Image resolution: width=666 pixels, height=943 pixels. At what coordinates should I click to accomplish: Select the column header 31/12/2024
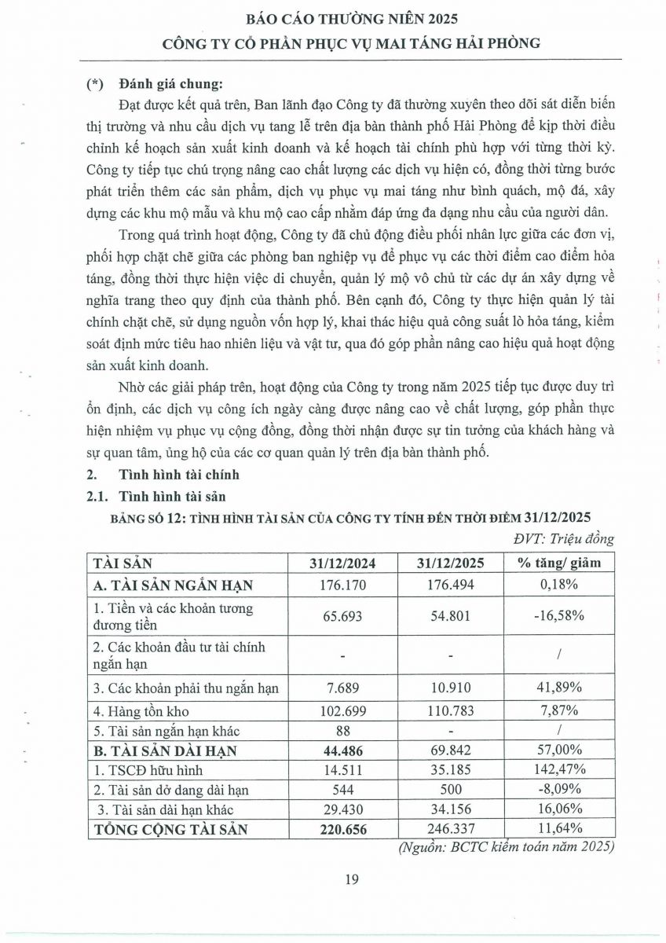tap(341, 563)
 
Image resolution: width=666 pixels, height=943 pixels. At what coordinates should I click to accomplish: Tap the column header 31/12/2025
tap(451, 563)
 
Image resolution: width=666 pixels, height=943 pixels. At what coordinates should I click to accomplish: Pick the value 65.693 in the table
tap(341, 616)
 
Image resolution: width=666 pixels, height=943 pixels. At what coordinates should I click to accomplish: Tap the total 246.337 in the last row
tap(451, 827)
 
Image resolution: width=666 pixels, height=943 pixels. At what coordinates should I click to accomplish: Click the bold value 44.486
tap(341, 750)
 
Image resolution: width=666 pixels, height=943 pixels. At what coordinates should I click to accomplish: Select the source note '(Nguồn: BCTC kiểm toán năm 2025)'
tap(506, 846)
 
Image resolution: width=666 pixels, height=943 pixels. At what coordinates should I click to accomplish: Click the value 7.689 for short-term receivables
tap(341, 688)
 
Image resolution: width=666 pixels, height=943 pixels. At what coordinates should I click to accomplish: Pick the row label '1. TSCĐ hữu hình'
tap(138, 769)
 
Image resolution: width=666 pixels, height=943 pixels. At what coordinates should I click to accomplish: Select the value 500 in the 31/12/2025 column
tap(451, 788)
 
